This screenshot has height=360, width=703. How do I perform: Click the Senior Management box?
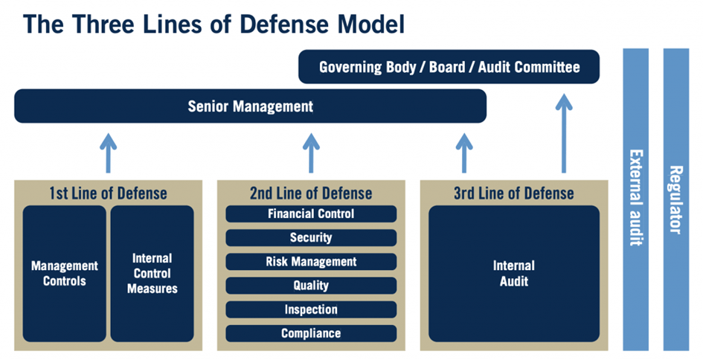[250, 106]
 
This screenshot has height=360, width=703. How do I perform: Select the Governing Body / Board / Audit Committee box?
[449, 67]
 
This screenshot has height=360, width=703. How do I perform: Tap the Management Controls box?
[65, 273]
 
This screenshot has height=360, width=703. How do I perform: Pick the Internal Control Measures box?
[152, 273]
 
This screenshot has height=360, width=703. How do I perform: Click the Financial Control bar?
[311, 214]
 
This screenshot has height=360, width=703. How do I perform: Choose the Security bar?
[311, 238]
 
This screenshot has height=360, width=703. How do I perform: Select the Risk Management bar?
[311, 262]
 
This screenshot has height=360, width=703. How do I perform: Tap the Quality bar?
[311, 286]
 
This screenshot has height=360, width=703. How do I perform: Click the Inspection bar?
[311, 309]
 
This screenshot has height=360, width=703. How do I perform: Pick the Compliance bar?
[311, 333]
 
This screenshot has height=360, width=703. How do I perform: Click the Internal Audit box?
[513, 273]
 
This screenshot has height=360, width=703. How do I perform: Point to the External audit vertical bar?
[636, 199]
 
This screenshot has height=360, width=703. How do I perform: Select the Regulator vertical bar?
[675, 199]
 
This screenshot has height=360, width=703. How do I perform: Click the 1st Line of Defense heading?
[108, 193]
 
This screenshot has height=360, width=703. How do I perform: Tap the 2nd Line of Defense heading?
[311, 193]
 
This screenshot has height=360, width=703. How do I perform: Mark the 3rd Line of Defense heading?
[514, 193]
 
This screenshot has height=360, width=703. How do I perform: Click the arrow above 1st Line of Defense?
[109, 152]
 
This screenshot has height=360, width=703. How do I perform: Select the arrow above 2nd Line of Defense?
[311, 152]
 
